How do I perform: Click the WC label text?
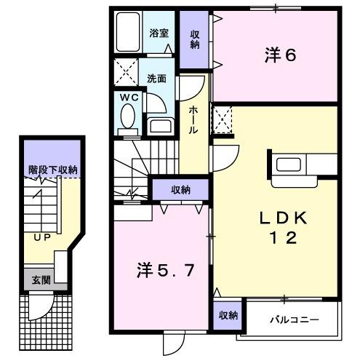[x=129, y=98]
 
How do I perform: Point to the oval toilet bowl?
[x=128, y=117]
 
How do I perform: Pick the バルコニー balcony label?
[x=289, y=318]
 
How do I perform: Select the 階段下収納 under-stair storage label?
[x=52, y=170]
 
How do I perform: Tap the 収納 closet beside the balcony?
[x=228, y=315]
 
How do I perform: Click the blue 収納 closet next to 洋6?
[x=195, y=40]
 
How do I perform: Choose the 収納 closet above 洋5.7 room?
[x=180, y=190]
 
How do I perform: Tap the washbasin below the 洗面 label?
[x=158, y=124]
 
